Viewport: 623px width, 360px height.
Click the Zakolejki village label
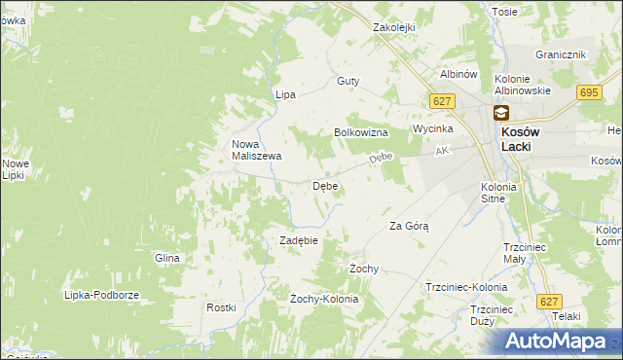tap(394, 28)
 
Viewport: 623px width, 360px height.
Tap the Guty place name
tap(348, 82)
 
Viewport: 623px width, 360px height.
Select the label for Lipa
tap(285, 94)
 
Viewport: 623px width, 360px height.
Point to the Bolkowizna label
tap(361, 131)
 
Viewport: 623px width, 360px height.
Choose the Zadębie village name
tap(299, 239)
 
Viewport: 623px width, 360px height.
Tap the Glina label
tap(167, 258)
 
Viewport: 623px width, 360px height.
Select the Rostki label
tap(221, 307)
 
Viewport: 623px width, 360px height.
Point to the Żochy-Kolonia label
tap(324, 299)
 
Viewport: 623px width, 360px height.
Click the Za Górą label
tap(409, 225)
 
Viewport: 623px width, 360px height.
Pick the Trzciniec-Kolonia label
tap(466, 288)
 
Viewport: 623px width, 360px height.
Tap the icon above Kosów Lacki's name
tap(500, 113)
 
